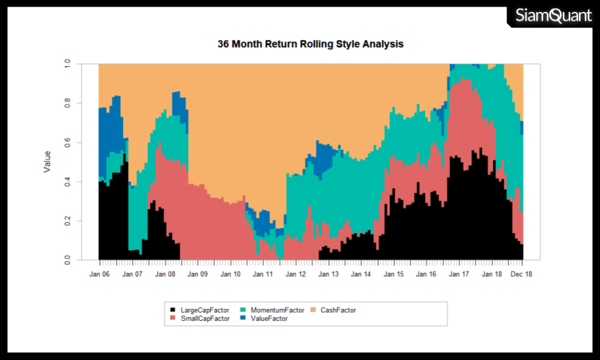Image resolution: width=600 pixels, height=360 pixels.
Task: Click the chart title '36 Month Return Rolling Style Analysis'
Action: (x=310, y=44)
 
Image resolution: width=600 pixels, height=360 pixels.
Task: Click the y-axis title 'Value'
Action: (x=47, y=161)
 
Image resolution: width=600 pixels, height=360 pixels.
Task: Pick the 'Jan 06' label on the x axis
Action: (x=99, y=274)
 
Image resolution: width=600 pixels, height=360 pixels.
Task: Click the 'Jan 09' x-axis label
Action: (x=197, y=274)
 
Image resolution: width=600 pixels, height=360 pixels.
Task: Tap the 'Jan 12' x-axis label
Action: (x=296, y=274)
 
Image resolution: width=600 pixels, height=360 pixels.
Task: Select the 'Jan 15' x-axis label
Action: (x=394, y=274)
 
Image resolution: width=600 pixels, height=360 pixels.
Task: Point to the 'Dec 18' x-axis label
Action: (x=521, y=274)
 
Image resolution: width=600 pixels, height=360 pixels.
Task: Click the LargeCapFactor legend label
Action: (x=205, y=310)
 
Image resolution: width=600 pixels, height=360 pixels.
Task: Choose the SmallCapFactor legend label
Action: (x=205, y=319)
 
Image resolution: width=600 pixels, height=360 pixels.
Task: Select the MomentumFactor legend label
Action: (x=277, y=310)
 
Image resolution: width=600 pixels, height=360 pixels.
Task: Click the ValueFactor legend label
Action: (x=269, y=319)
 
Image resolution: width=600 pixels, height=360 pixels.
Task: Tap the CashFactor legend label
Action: (x=338, y=310)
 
